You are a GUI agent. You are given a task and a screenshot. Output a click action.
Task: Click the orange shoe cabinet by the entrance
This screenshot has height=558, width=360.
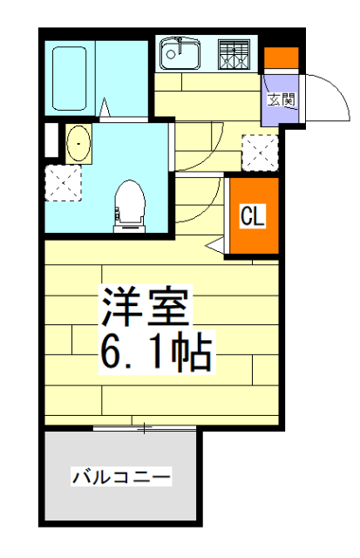point(281,58)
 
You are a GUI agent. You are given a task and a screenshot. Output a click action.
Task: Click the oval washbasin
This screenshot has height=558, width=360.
point(78,143)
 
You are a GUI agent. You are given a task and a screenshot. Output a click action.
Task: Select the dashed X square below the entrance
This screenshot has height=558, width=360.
point(258,152)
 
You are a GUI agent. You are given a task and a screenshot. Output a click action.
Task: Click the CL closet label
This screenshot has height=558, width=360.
point(252,214)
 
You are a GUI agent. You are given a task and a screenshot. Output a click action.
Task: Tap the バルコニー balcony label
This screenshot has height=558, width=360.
point(121,477)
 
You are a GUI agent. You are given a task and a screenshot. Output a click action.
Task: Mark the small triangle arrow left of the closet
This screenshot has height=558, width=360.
point(214,248)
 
